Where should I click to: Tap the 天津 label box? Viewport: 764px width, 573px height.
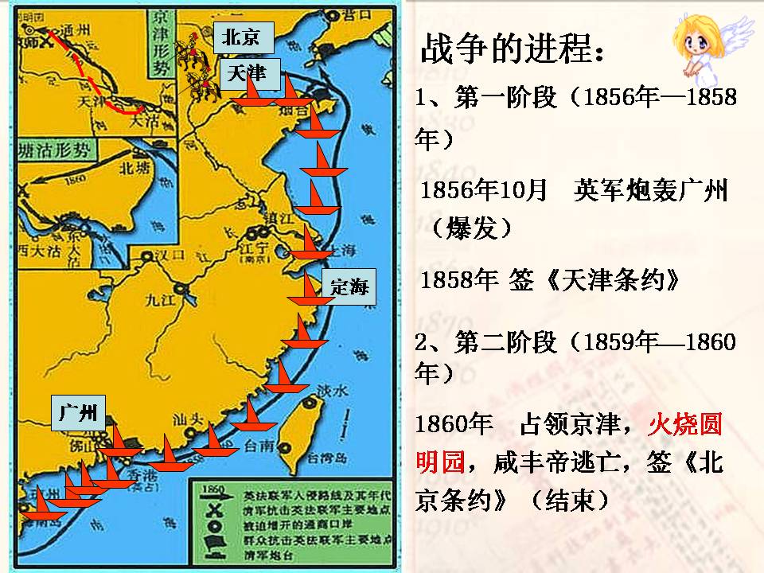click(x=246, y=72)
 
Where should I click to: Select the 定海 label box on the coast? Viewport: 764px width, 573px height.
click(x=349, y=287)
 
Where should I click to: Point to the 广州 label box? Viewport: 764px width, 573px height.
click(x=78, y=411)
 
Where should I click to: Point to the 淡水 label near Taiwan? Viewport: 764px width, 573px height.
click(x=333, y=391)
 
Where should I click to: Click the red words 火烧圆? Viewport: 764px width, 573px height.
click(x=685, y=425)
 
